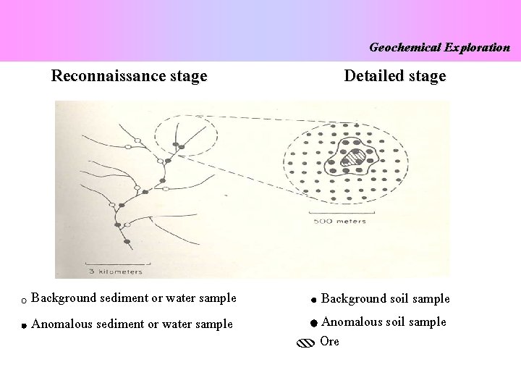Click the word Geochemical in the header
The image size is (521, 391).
click(x=404, y=48)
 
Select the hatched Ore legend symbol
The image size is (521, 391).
click(x=305, y=343)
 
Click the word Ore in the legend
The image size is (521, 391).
click(x=329, y=342)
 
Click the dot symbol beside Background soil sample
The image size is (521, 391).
click(x=312, y=300)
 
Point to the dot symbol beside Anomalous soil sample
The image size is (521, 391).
click(x=313, y=324)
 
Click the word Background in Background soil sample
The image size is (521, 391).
click(x=353, y=298)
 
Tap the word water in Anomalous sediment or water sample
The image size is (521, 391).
click(x=182, y=324)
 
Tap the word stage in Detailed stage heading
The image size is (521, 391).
click(x=427, y=76)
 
